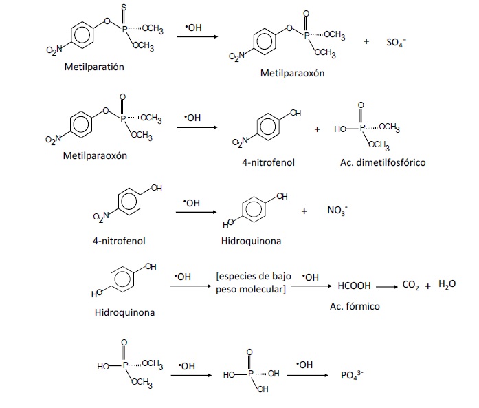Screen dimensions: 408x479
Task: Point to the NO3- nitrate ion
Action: coord(337,211)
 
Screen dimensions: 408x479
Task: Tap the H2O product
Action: coord(447,285)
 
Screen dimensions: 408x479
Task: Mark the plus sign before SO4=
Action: coord(366,41)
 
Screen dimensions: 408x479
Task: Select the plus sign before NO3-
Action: coord(304,211)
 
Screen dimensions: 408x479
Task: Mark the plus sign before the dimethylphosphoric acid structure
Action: coord(317,128)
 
